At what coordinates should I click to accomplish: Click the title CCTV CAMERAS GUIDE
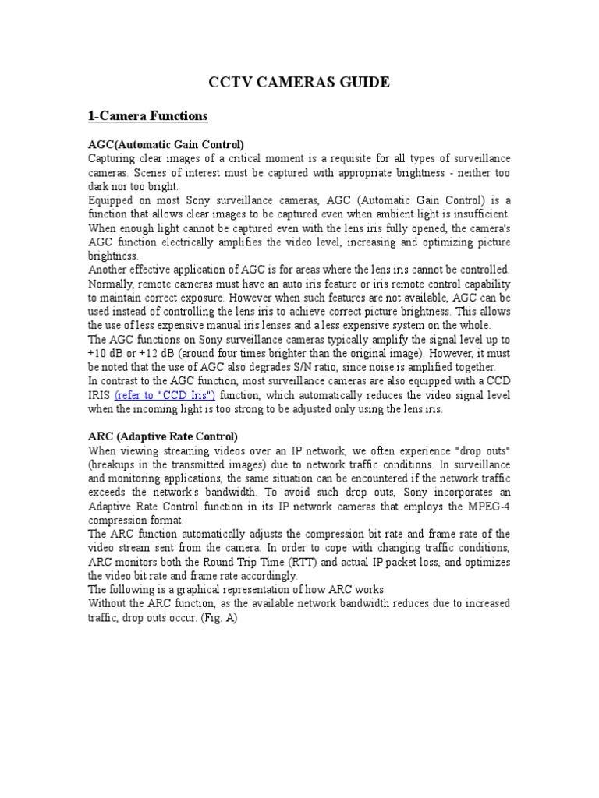299,83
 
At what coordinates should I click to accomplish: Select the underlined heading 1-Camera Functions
147,116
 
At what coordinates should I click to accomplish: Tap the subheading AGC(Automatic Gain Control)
166,144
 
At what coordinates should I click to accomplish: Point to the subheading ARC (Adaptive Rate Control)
163,436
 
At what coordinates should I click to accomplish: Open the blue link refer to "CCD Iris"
165,396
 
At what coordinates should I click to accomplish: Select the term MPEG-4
487,508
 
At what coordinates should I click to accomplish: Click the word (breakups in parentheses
115,464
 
